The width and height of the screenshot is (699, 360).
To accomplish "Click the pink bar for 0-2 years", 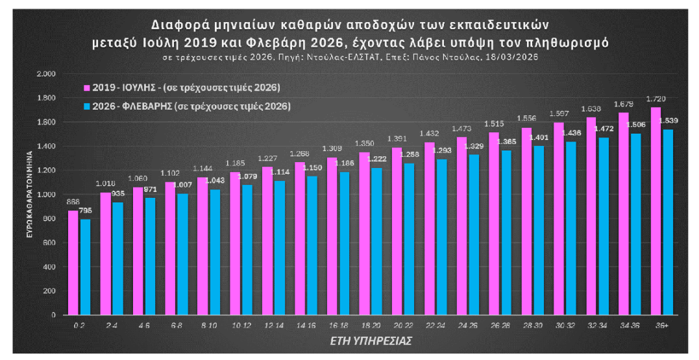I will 73,263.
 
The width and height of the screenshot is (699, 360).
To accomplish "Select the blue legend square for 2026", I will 86,105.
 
